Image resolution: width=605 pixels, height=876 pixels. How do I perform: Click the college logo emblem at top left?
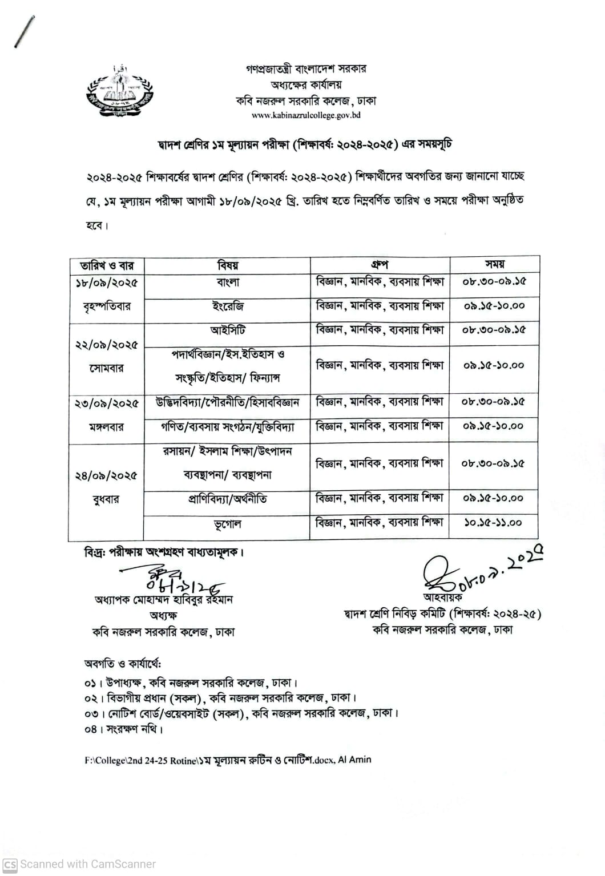tap(119, 92)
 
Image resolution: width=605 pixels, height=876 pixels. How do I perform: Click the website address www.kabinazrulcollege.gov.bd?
tap(306, 115)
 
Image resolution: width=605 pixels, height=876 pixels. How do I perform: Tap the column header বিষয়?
tap(228, 265)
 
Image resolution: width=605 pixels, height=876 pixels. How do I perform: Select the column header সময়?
tap(494, 264)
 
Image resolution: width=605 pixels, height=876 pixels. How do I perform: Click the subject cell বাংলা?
tap(228, 282)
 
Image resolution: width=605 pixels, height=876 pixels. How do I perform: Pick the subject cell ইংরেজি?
tap(228, 306)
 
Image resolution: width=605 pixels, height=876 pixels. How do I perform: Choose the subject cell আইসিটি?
tap(228, 330)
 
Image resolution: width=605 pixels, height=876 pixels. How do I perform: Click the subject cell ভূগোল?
tap(228, 523)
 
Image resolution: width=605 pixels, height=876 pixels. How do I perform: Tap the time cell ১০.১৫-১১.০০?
tap(493, 522)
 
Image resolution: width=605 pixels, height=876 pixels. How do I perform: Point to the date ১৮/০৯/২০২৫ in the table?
tap(107, 283)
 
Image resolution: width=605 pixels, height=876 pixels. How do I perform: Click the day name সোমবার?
tap(107, 369)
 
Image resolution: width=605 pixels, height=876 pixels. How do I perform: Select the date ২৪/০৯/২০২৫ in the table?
tap(107, 475)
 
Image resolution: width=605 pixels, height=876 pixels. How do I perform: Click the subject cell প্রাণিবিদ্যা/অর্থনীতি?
tap(228, 499)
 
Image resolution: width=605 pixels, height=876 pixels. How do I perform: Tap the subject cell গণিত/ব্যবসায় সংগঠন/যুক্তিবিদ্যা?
tap(228, 426)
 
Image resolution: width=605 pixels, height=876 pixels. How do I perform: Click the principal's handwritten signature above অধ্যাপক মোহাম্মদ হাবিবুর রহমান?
tap(171, 578)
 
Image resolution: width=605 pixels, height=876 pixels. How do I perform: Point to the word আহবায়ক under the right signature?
tap(443, 597)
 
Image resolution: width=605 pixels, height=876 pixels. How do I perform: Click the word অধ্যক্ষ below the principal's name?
tap(163, 615)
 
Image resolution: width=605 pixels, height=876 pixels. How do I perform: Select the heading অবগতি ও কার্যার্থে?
tap(123, 664)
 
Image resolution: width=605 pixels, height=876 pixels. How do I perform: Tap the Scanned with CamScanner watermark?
tap(79, 865)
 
